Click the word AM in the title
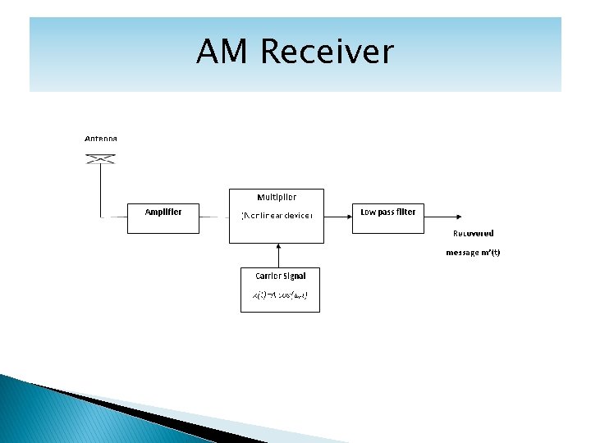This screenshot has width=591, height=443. tap(223, 52)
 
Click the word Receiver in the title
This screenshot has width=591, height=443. tap(327, 52)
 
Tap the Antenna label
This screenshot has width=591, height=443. tap(101, 139)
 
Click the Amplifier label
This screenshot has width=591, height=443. tap(163, 212)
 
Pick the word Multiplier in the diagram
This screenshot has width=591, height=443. tap(277, 197)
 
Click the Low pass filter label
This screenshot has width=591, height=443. tap(388, 212)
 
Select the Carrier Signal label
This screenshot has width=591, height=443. tap(280, 276)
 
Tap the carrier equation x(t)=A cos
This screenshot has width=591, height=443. tap(279, 295)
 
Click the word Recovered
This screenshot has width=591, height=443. tap(474, 233)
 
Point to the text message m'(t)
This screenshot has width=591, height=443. tap(473, 253)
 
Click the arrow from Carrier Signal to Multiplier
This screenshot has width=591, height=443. tap(279, 254)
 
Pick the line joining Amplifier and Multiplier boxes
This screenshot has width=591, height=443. tap(213, 217)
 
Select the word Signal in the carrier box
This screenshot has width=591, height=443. tap(292, 276)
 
